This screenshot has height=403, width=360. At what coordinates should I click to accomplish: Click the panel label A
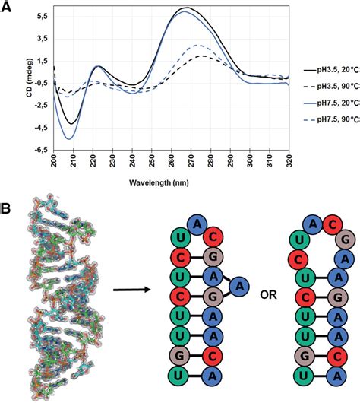pos(8,7)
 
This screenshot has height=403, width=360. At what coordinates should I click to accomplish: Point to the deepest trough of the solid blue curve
pos(69,138)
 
